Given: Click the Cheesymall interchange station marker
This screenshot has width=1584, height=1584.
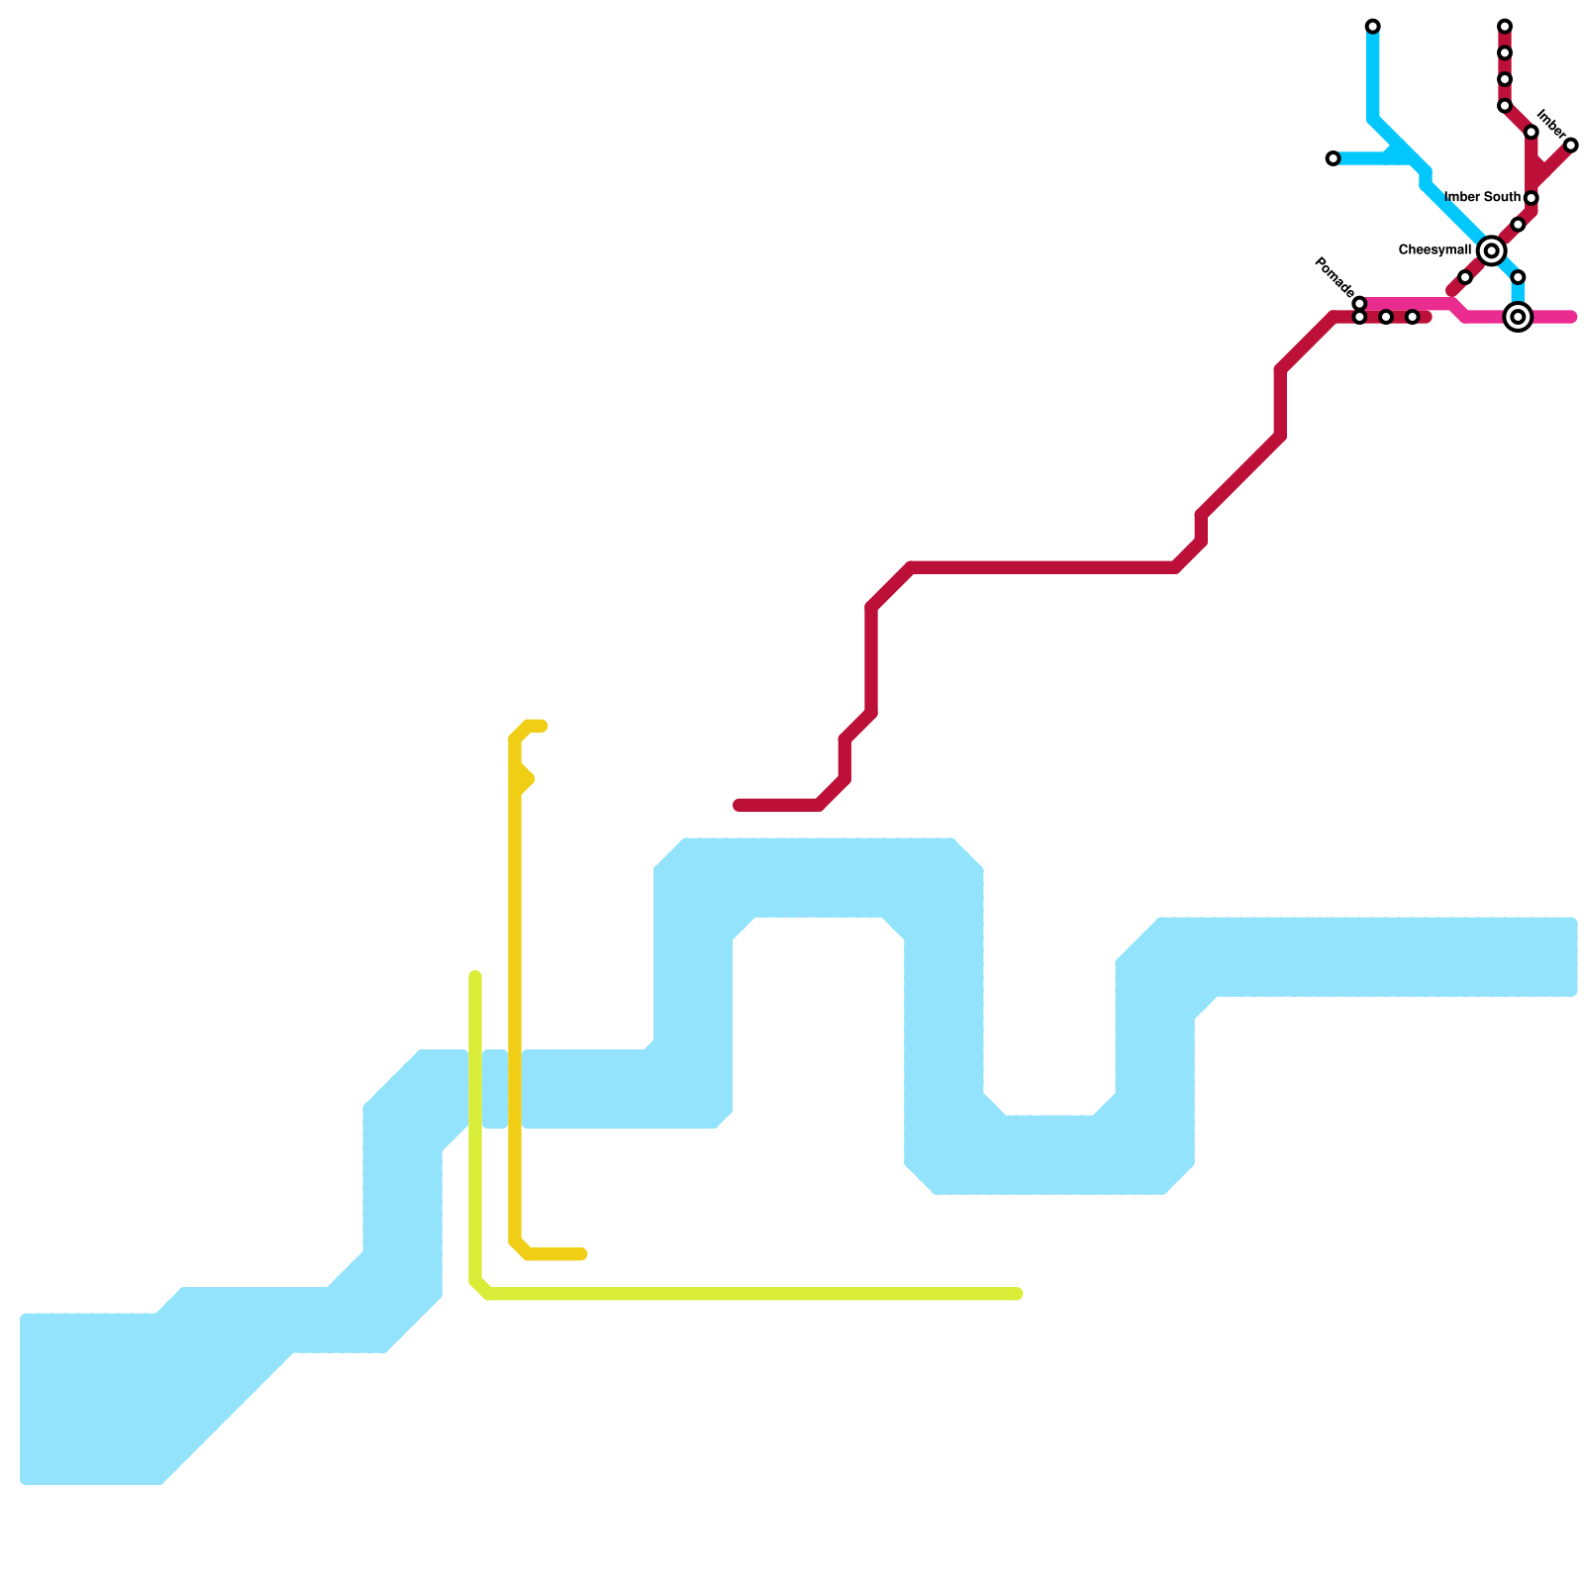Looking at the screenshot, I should point(1491,251).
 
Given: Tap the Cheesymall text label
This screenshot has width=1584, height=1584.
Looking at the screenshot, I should point(1435,250).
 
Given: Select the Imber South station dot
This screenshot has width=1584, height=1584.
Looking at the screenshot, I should point(1531,199).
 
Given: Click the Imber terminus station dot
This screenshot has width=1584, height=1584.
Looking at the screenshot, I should point(1570,146).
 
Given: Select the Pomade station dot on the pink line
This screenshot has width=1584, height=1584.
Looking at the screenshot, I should point(1359,303).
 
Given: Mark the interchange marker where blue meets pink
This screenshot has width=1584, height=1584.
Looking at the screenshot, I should point(1518,317).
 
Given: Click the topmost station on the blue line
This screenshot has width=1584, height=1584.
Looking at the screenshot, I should point(1372,26).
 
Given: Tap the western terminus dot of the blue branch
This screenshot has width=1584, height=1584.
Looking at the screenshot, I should point(1333,158).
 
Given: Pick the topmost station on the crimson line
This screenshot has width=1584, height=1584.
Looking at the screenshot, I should point(1504,26).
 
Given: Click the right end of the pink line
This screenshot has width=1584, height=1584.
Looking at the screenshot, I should point(1571,318).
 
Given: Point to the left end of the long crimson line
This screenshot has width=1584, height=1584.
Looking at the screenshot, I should point(739,806).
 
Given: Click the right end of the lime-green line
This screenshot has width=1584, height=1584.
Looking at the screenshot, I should point(1018,1294).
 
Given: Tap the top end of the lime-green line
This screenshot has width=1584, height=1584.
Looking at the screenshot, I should point(475,977).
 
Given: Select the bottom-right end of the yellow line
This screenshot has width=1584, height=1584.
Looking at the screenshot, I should point(583,1255).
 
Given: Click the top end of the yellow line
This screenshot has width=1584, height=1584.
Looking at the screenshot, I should point(543,727).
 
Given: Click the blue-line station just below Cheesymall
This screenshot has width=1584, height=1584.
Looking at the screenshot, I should point(1518,277).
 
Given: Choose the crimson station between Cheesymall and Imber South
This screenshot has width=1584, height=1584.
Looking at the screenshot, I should point(1518,225).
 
